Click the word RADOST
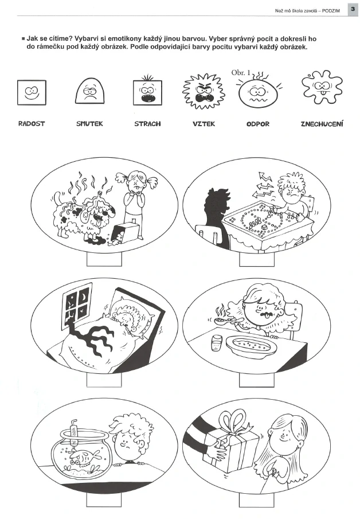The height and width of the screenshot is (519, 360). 32,124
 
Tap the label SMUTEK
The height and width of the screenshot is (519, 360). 89,124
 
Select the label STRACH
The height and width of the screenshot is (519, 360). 147,124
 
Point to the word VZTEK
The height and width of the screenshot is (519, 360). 204,124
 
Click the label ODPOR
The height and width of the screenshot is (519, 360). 258,124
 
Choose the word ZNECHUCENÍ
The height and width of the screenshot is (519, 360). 322,124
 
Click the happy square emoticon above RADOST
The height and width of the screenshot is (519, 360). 32,92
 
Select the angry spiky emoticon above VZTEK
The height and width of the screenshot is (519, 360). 204,91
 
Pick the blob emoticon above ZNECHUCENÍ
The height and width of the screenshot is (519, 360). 322,87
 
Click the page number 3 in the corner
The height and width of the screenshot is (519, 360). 353,9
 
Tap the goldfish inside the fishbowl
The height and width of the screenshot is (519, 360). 85,456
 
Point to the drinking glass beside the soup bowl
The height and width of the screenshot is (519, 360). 217,342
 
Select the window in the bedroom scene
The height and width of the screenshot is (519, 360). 77,306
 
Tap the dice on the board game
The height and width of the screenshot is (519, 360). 264,228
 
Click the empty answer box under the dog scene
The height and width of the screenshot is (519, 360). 104,259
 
